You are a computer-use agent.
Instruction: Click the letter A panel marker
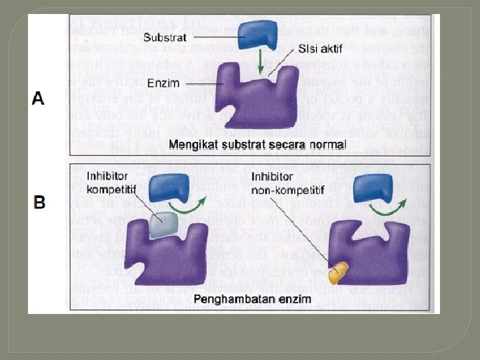pos(38,98)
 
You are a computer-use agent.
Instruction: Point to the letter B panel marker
pos(40,201)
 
